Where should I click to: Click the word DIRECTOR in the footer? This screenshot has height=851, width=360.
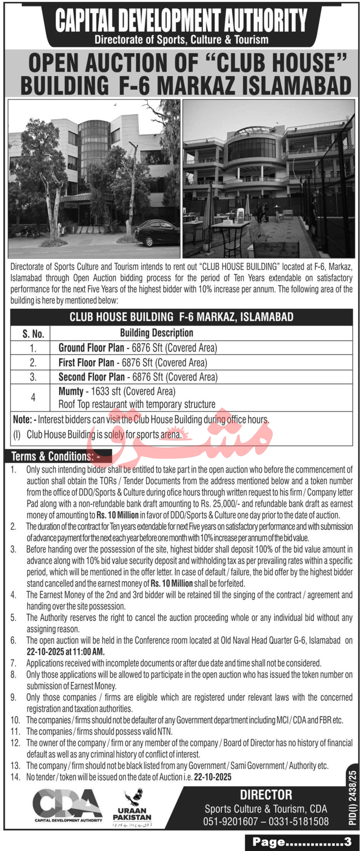(x=266, y=795)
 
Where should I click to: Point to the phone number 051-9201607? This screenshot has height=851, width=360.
(x=230, y=821)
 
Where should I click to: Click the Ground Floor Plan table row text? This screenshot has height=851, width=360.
(x=137, y=348)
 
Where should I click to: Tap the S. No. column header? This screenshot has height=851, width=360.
(x=33, y=333)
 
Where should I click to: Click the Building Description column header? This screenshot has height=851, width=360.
(x=157, y=333)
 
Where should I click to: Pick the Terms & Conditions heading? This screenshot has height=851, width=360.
(x=55, y=456)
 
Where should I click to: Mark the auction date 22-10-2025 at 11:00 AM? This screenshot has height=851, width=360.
(x=65, y=652)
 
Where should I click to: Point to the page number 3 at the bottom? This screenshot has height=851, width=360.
(x=348, y=842)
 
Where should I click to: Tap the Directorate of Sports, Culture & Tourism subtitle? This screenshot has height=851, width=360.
(x=181, y=40)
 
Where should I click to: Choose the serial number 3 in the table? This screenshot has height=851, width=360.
(x=33, y=377)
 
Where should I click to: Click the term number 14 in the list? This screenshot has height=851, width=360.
(x=15, y=777)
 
